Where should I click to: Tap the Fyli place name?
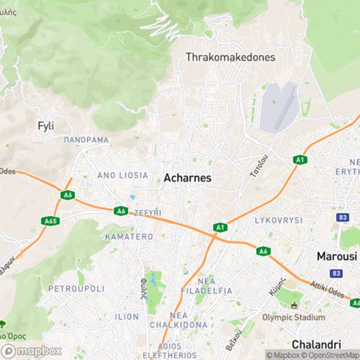45,125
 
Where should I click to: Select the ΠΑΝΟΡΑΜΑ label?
86,140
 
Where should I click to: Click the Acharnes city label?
188,177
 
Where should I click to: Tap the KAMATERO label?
129,236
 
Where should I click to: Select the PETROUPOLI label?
76,288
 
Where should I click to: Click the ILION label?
127,316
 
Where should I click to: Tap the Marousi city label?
336,256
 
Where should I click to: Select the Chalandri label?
315,343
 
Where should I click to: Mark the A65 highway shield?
50,221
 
